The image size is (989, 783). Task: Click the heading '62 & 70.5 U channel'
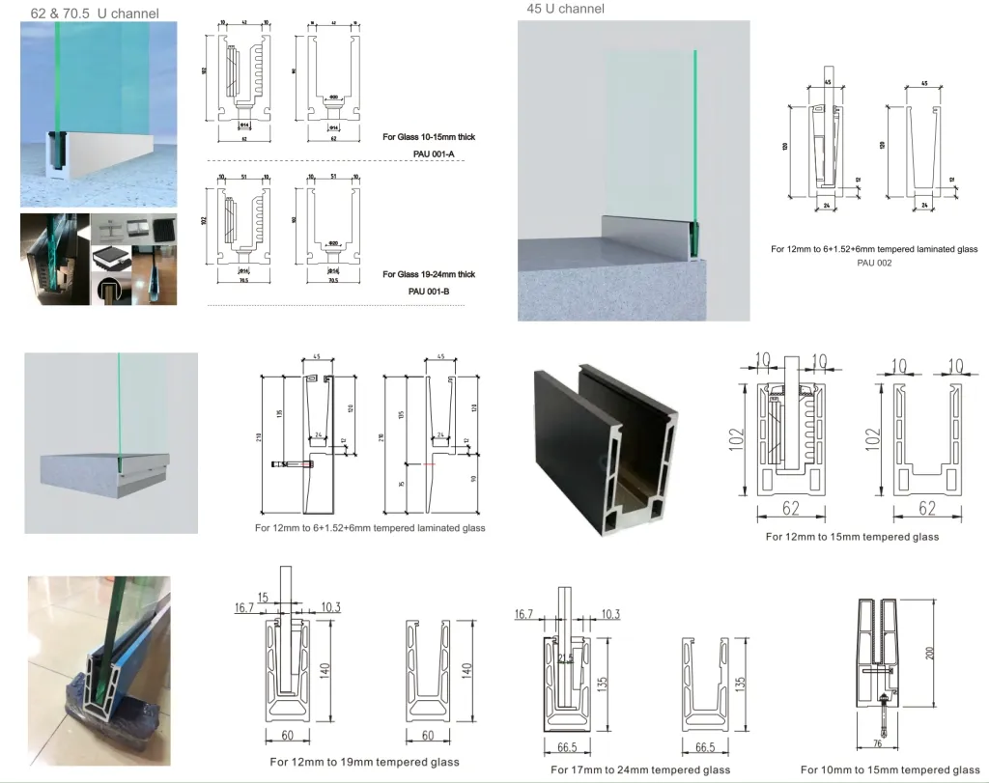coord(95,14)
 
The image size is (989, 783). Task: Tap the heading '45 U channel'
coord(566,9)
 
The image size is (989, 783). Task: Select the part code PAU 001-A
coord(429,154)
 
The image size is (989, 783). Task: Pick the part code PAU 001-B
coord(429,291)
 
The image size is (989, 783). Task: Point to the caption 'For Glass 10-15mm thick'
coord(429,137)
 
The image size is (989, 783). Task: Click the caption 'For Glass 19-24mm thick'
coord(429,274)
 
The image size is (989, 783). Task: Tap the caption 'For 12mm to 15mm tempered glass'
coord(852,537)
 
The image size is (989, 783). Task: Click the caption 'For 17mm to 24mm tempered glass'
coord(640,769)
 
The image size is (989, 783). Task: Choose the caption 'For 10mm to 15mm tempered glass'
coord(890,769)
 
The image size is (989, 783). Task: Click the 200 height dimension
coord(930,654)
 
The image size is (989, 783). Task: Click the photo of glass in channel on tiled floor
coord(99,663)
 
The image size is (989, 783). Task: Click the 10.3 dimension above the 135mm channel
coord(610,614)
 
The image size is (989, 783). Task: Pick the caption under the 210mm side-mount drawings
coord(370,528)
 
